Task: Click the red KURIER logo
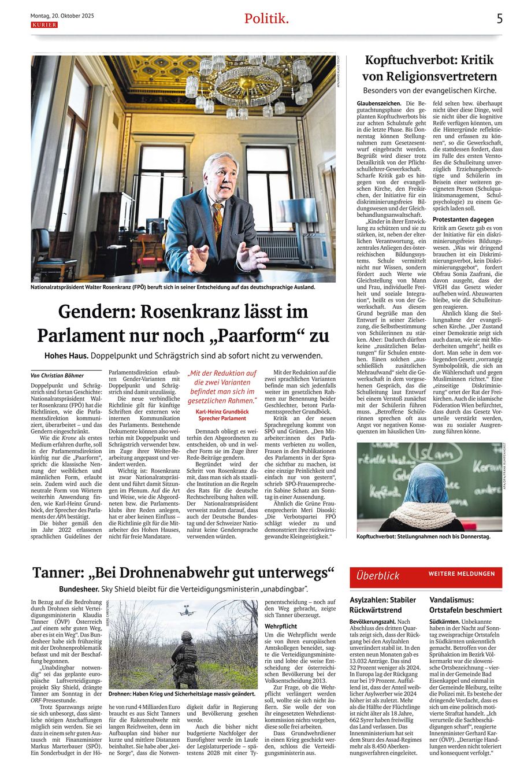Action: point(44,25)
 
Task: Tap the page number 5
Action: point(499,19)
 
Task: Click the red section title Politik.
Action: point(266,19)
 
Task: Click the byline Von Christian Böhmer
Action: point(58,375)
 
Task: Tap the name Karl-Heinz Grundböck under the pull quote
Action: point(222,412)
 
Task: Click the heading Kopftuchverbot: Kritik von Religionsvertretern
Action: point(429,67)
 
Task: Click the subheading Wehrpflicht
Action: point(281,626)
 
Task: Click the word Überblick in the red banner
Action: point(378,576)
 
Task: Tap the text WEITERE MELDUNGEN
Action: point(462,574)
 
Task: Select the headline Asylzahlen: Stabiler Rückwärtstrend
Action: point(383,605)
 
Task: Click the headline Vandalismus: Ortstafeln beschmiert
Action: point(466,605)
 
